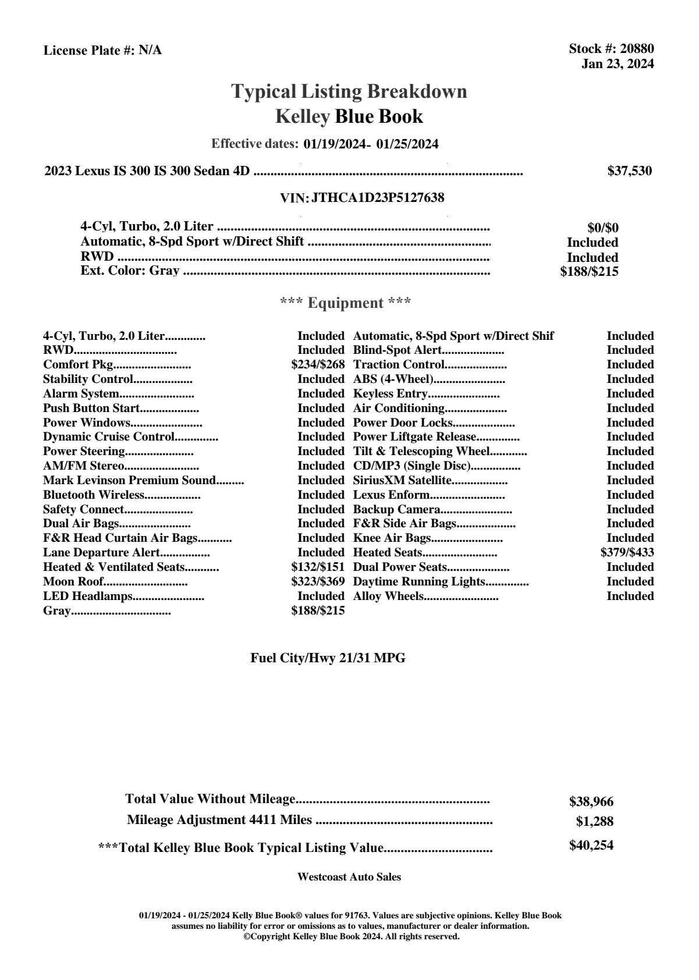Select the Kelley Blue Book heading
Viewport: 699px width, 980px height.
coord(349,116)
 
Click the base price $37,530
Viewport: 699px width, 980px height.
coord(630,171)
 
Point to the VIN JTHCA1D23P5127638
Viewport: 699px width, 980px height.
coord(378,198)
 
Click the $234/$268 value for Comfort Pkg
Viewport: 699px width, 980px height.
coord(318,364)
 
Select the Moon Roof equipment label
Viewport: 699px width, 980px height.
coord(73,581)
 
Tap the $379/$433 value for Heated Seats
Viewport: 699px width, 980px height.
coord(627,552)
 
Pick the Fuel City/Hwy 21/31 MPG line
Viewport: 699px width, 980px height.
coord(328,658)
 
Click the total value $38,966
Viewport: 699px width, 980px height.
coord(591,801)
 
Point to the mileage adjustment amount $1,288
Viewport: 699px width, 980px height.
coord(595,822)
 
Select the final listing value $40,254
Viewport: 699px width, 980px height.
coord(591,845)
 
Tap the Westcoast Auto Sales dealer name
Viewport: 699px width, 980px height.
coord(349,876)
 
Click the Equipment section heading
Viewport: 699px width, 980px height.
coord(346,303)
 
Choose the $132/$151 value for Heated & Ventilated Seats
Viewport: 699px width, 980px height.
coord(318,567)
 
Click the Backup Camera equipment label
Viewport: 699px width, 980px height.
coord(396,509)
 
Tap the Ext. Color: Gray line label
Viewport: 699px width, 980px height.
coord(130,271)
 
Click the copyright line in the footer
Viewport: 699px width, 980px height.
coord(351,936)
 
